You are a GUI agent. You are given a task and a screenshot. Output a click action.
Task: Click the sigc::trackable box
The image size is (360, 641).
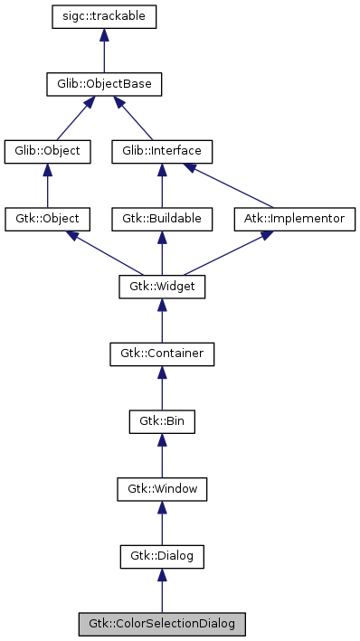point(104,16)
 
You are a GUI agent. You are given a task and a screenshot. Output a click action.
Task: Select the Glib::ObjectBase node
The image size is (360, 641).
point(104,85)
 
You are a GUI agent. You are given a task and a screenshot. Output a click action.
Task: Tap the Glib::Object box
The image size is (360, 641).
point(48,150)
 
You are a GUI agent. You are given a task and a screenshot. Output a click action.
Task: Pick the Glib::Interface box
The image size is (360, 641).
point(162,150)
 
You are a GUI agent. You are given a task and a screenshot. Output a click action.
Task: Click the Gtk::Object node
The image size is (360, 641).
point(48,219)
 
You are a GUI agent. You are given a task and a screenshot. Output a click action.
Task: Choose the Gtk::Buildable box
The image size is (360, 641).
point(162,219)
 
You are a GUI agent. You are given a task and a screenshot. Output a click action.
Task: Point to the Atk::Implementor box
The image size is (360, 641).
point(295,219)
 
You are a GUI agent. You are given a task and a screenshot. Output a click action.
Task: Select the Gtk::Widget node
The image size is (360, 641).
point(162,288)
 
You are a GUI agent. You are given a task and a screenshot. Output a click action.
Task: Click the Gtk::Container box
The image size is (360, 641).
point(162,353)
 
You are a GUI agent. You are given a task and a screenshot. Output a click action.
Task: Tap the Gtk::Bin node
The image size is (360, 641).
point(162,421)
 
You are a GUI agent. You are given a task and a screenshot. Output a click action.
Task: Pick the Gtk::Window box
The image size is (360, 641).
point(162,489)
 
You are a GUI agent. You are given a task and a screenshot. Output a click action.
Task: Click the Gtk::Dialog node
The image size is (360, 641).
point(162,557)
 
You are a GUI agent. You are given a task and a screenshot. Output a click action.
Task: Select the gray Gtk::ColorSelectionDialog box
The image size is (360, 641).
point(162,624)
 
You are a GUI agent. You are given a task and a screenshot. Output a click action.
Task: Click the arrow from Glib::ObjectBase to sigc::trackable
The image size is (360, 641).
point(104,51)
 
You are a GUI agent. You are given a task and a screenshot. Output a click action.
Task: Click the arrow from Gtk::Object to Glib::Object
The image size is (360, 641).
point(48,184)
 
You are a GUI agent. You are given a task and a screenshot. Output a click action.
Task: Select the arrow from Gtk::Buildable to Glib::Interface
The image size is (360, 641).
point(162,184)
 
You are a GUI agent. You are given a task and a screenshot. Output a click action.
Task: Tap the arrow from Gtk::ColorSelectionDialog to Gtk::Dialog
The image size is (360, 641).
point(162,591)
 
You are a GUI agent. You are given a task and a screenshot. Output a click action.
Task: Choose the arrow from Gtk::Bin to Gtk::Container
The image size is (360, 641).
point(162,388)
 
